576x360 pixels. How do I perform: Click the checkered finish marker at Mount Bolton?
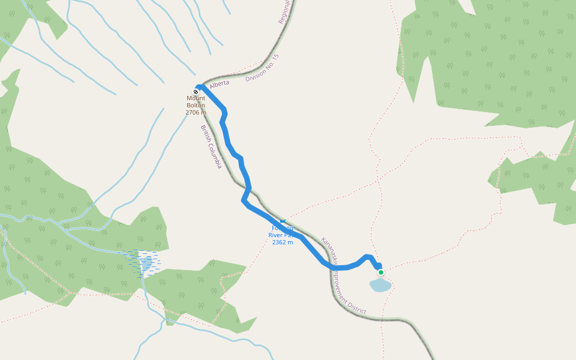[196, 92]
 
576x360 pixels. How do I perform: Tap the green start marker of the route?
[380, 272]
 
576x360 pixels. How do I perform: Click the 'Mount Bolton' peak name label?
[196, 102]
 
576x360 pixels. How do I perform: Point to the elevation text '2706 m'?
[196, 112]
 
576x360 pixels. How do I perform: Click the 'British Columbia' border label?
[211, 146]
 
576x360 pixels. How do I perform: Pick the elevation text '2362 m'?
[283, 242]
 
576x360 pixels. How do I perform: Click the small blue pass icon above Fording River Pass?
[283, 221]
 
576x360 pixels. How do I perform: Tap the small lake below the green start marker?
[380, 285]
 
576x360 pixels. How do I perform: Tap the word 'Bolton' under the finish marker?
[196, 106]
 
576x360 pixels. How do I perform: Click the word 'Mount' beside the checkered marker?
[196, 98]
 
